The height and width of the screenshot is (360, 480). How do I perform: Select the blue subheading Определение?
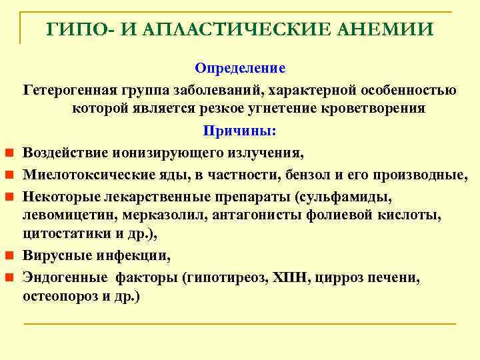click(240, 69)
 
